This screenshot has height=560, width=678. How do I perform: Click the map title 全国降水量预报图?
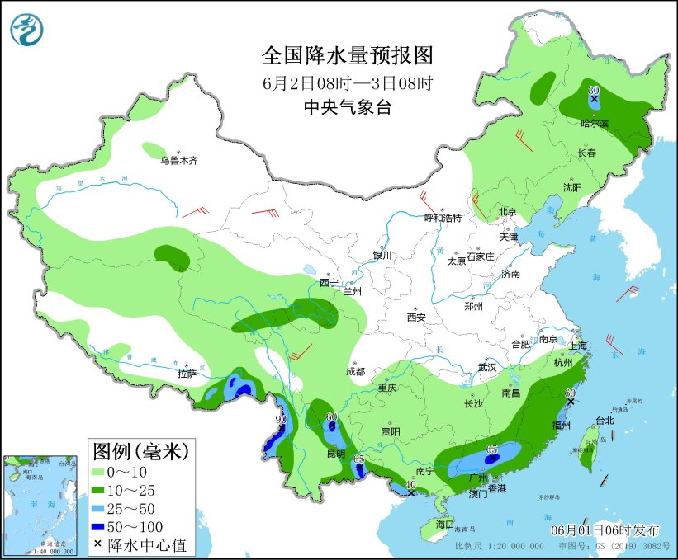point(347,56)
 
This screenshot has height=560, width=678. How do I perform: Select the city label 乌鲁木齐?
point(179,160)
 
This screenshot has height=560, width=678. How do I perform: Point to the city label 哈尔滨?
point(594,123)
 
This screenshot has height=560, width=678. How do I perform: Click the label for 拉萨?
point(186,374)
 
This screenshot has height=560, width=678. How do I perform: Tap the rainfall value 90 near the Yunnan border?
point(281,420)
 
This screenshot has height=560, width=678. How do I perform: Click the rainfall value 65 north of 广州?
point(491,449)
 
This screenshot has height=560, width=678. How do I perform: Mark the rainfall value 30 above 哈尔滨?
point(593,89)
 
